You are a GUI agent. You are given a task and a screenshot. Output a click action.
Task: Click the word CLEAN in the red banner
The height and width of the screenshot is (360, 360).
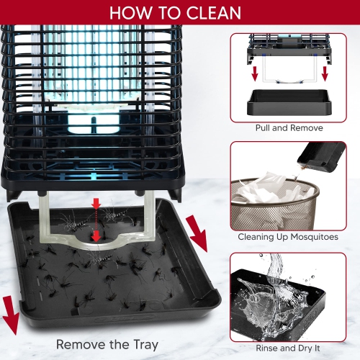214,13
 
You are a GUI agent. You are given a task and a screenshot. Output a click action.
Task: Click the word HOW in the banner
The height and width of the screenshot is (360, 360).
130,13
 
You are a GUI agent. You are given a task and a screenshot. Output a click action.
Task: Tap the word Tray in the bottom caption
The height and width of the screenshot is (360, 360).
145,345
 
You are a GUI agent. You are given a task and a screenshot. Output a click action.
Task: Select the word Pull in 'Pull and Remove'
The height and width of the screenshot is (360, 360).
263,127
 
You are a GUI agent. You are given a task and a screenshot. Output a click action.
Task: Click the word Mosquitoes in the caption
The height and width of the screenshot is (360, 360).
315,237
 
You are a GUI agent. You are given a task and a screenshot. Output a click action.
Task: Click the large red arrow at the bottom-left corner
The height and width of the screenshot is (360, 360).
11,315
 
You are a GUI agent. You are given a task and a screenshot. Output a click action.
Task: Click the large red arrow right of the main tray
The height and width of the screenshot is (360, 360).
197,233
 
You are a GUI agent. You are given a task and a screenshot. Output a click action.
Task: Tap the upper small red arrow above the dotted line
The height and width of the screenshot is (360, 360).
96,204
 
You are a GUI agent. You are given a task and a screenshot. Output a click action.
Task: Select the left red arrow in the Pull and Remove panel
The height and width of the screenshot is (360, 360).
255,73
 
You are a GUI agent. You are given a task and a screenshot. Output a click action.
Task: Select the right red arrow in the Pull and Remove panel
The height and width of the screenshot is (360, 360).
325,73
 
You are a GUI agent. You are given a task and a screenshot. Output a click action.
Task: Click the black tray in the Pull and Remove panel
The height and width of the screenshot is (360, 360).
289,102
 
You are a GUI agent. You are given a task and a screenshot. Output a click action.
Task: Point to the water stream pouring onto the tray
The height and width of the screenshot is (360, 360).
275,268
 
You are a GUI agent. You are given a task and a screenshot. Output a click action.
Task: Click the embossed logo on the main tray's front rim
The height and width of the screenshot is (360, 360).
124,319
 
